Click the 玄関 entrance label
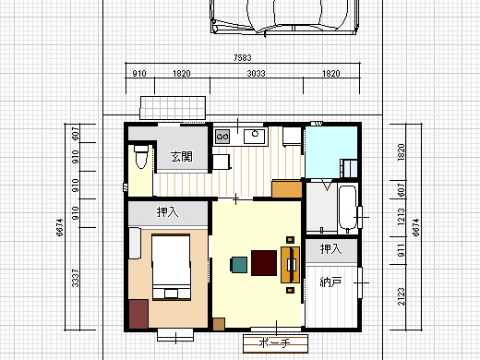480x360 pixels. point(182,157)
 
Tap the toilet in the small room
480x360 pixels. point(141,157)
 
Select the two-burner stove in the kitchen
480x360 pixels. point(222,137)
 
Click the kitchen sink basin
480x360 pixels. point(254,137)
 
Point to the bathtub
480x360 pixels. point(348,209)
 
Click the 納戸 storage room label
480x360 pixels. point(331,282)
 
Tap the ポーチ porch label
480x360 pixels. point(274,342)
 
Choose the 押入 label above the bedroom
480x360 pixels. point(167,212)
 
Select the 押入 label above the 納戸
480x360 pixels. point(330,248)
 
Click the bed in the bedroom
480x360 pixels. point(171,267)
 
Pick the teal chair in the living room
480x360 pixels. point(239,265)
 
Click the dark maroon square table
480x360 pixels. point(264,263)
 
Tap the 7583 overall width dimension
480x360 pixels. point(243,57)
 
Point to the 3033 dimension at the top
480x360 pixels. point(256,74)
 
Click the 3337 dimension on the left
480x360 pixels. point(76,278)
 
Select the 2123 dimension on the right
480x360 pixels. point(402,296)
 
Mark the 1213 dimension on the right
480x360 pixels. point(402,217)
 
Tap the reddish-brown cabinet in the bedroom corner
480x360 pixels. point(138,314)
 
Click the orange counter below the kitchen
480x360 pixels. point(287,188)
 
